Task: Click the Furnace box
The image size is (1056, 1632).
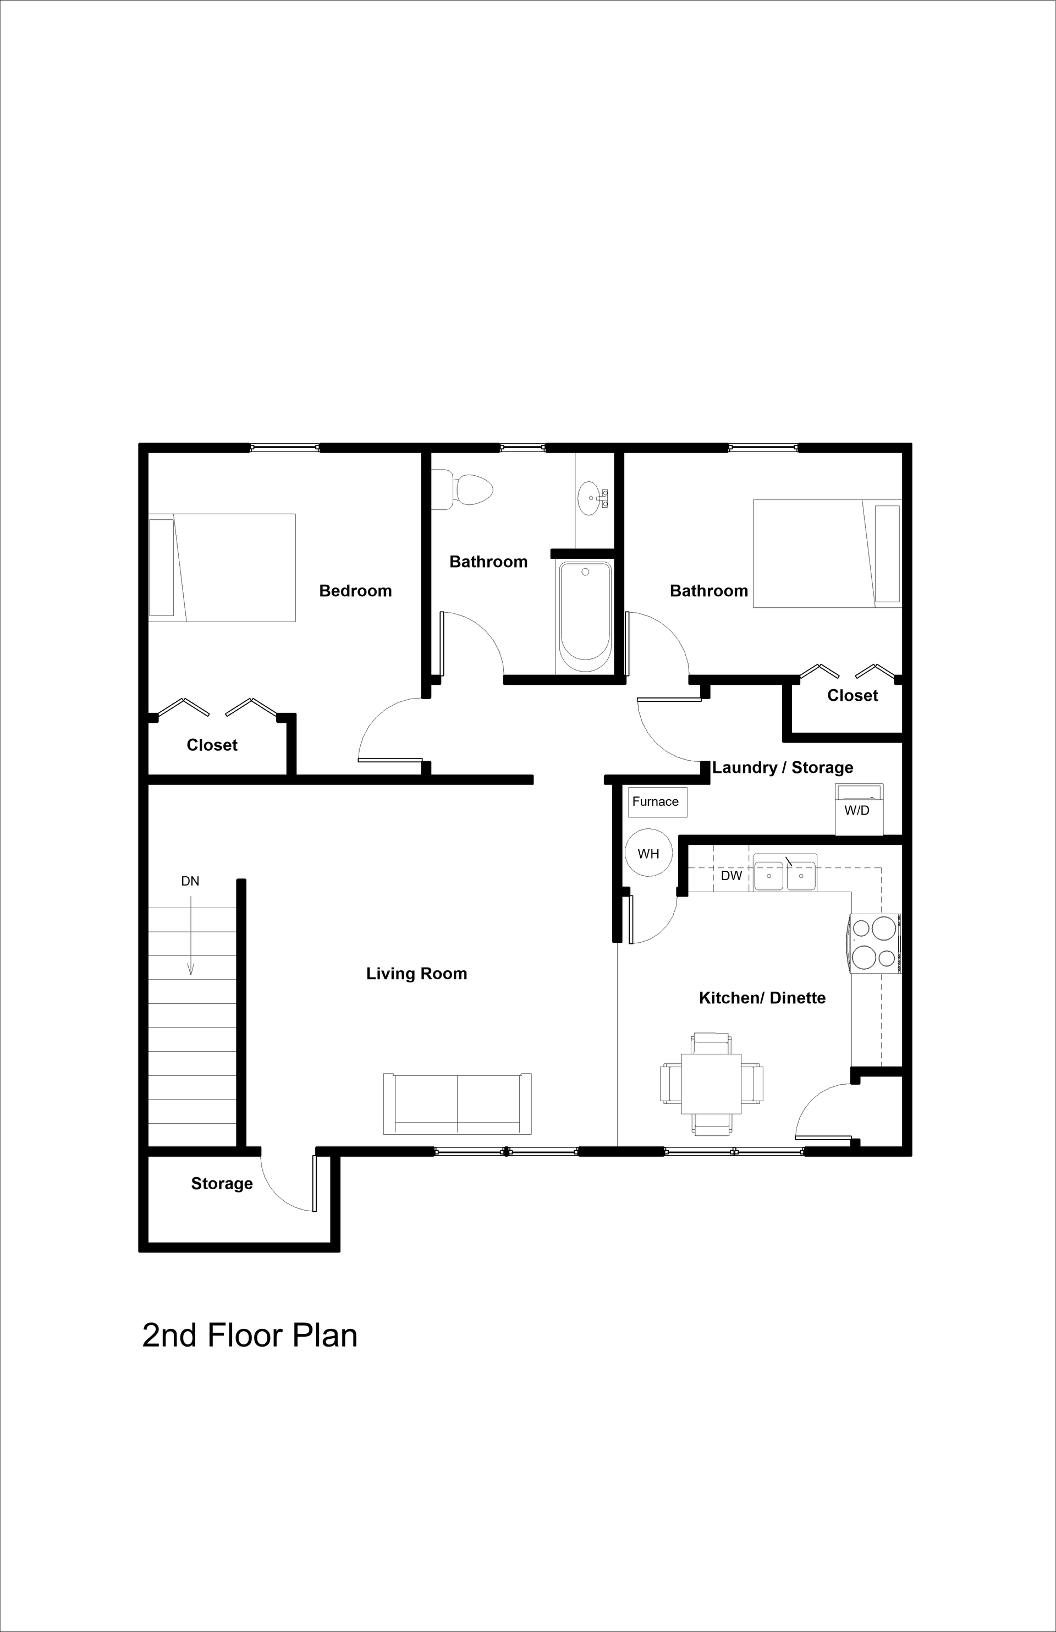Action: point(657,801)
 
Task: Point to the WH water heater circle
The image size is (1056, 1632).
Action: point(648,854)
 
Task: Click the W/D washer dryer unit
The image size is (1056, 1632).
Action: point(859,810)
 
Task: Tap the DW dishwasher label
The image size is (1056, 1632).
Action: point(731,876)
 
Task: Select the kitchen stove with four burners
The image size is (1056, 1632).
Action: point(875,943)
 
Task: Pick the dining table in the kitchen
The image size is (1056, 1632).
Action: point(711,1084)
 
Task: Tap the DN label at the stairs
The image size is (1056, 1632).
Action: point(190,881)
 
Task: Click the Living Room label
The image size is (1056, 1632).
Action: point(416,974)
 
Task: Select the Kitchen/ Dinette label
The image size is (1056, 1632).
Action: point(762,998)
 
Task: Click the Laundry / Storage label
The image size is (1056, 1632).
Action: point(783,767)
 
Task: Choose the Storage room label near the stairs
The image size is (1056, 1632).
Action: point(222,1184)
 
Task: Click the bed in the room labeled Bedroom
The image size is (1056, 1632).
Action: point(222,568)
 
